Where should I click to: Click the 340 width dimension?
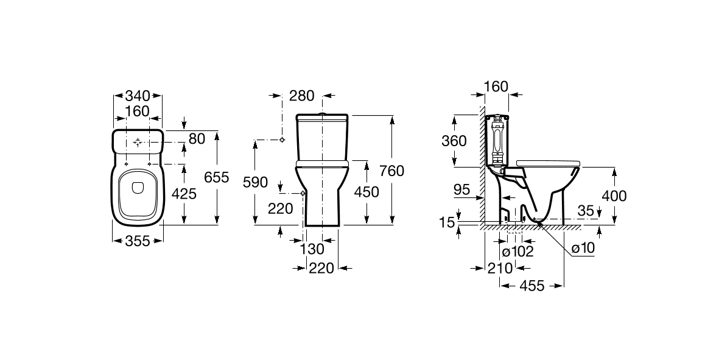pyautogui.click(x=138, y=96)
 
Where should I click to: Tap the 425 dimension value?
pyautogui.click(x=185, y=194)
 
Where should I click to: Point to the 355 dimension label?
pyautogui.click(x=138, y=241)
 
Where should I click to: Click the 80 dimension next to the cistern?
pyautogui.click(x=197, y=139)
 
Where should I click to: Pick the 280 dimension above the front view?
pyautogui.click(x=302, y=96)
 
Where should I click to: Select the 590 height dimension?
pyautogui.click(x=254, y=182)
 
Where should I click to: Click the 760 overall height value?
pyautogui.click(x=391, y=171)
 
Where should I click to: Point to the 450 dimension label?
pyautogui.click(x=367, y=192)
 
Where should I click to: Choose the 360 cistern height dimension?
pyautogui.click(x=454, y=141)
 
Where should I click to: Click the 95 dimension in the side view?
pyautogui.click(x=461, y=189)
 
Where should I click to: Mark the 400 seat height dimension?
pyautogui.click(x=614, y=196)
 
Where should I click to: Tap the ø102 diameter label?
pyautogui.click(x=517, y=251)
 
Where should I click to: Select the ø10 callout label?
pyautogui.click(x=582, y=248)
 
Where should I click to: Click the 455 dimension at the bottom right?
pyautogui.click(x=532, y=285)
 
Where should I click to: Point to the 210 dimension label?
pyautogui.click(x=499, y=268)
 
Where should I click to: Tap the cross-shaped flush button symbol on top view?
pyautogui.click(x=138, y=143)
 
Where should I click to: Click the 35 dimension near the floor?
pyautogui.click(x=586, y=211)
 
